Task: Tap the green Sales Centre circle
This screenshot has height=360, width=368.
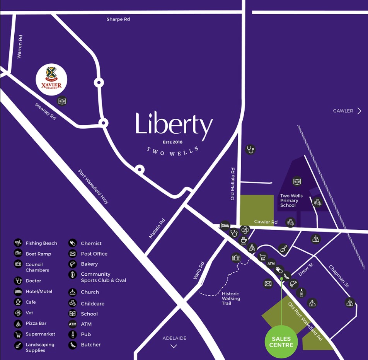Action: pos(281,341)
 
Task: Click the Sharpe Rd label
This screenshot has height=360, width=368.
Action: pos(118,19)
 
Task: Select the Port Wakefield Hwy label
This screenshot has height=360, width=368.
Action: pos(94,186)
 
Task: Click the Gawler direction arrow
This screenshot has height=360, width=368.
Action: pos(359,111)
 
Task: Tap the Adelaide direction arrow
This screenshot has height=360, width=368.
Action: pos(174,346)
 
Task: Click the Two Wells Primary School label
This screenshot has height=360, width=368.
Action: pos(291,200)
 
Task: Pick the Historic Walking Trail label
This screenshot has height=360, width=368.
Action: pos(231,299)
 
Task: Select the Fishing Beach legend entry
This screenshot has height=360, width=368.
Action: pos(41,243)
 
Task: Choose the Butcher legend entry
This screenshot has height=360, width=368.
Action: pos(90,345)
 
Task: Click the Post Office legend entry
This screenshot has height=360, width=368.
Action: pos(94,254)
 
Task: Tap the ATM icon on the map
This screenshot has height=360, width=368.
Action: pos(271,264)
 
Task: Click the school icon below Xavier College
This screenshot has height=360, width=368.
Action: pos(62,102)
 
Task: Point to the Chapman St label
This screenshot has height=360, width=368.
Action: pos(339,276)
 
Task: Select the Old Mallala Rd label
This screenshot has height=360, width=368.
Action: pos(233,184)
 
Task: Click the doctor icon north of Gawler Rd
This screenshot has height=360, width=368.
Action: pos(250,149)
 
